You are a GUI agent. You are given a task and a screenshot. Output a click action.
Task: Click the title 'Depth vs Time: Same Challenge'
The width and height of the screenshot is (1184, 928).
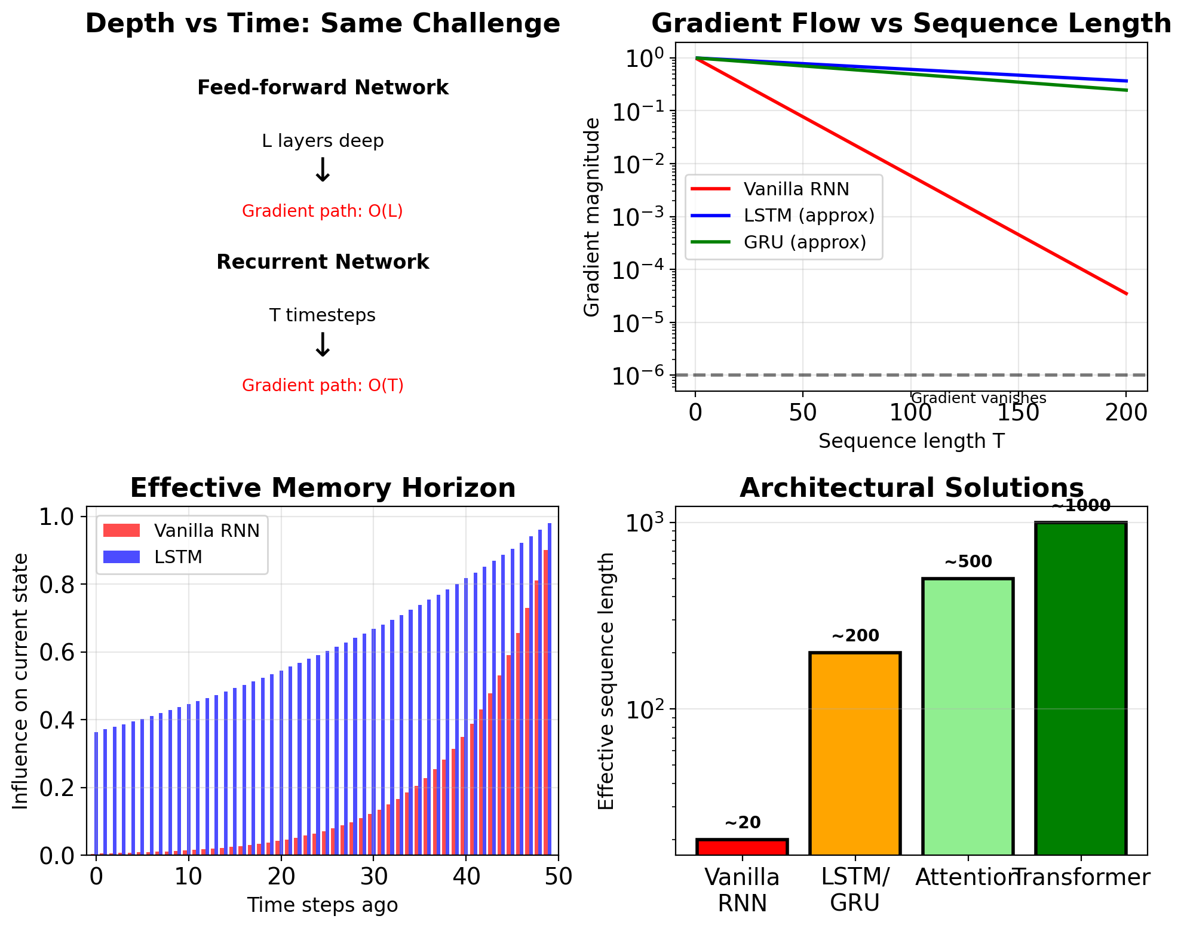coord(323,24)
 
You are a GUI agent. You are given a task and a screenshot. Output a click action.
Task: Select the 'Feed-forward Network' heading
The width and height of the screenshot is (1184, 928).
coord(323,88)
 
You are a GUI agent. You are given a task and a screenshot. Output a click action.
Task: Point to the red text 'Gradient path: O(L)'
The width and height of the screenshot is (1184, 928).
coord(323,211)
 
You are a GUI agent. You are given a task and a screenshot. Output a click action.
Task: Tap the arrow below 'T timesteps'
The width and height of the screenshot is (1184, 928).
coord(323,345)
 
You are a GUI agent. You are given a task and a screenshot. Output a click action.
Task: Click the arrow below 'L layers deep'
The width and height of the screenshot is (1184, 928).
coord(323,171)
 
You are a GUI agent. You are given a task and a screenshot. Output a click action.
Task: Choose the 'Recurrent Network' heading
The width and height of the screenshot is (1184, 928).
coord(323,262)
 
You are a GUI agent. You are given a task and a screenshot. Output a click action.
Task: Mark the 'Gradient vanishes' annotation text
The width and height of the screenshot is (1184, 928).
coord(979,398)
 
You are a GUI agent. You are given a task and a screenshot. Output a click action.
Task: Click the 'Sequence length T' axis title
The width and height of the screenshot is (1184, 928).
coord(911,441)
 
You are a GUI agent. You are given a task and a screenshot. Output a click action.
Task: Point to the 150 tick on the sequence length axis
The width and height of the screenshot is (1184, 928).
coord(1019,413)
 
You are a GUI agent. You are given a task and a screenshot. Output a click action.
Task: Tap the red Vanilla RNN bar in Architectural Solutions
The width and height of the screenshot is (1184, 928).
coord(742,847)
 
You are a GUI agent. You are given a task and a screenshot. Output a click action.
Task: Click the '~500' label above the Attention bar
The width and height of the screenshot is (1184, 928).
coord(968,562)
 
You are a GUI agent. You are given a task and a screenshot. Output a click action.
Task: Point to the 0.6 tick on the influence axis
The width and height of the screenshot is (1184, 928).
coord(59,652)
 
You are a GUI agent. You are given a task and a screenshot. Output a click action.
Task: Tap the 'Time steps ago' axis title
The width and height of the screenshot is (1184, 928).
coord(323,905)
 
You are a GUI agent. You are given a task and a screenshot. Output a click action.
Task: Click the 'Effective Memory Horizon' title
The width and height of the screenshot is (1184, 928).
coord(323,488)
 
